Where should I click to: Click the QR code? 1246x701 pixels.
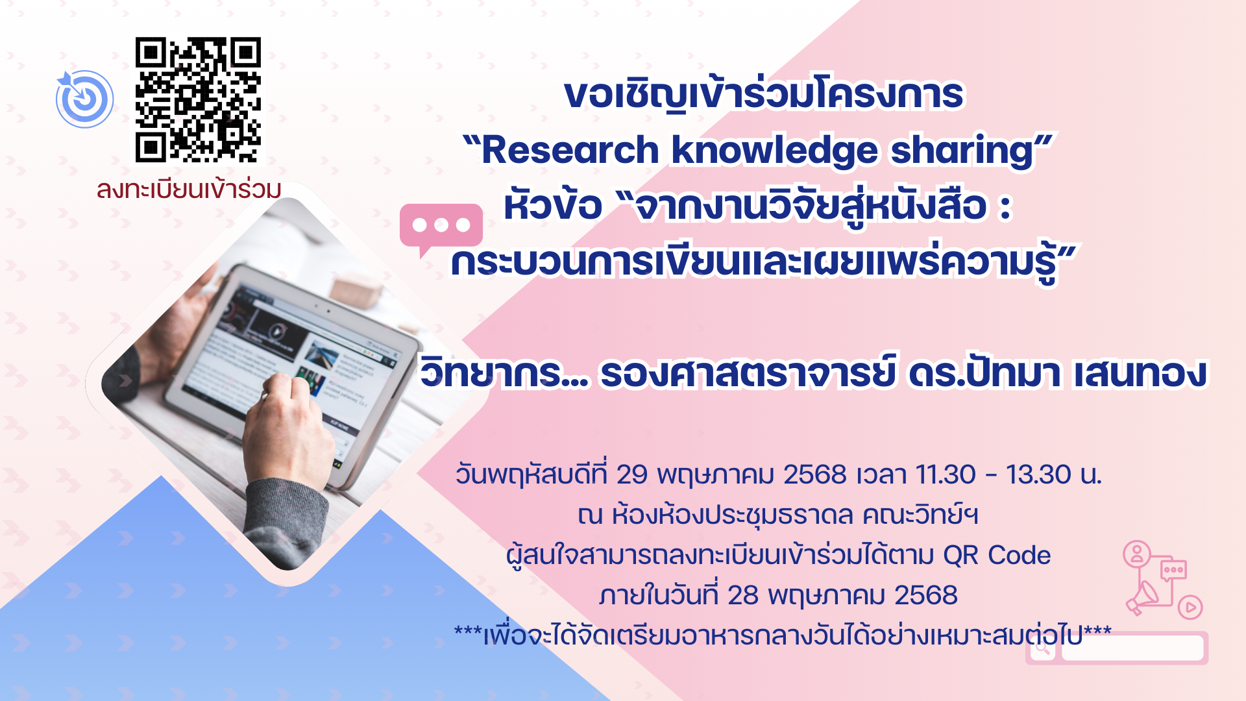click(x=198, y=99)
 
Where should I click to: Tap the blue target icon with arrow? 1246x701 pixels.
click(x=84, y=99)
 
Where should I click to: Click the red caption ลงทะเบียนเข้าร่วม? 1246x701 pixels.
click(x=189, y=190)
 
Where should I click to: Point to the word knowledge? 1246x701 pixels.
click(x=774, y=151)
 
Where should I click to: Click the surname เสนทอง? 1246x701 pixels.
click(x=1140, y=374)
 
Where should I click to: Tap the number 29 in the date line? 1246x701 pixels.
click(x=631, y=475)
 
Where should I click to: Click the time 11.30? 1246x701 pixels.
click(x=946, y=475)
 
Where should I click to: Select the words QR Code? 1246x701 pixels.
click(x=997, y=556)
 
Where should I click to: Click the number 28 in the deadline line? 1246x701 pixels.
click(x=742, y=596)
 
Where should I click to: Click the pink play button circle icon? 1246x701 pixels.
click(x=1190, y=608)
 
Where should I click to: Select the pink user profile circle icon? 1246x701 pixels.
click(x=1137, y=554)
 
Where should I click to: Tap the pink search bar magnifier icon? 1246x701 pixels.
click(x=1043, y=648)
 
